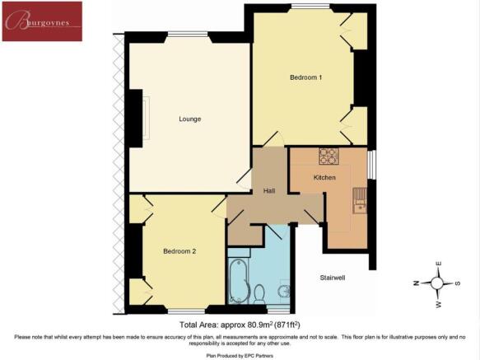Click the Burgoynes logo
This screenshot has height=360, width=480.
42,21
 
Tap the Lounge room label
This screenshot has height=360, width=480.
190,119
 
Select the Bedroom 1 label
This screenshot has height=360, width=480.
305,77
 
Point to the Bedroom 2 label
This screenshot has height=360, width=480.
179,251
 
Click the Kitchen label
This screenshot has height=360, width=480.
324,177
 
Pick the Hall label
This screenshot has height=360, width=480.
269,190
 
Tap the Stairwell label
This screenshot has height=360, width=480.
333,278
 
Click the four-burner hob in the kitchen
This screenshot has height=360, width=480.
328,156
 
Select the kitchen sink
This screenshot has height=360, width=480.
360,200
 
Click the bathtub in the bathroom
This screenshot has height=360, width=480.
239,281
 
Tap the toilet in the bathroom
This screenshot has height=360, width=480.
259,294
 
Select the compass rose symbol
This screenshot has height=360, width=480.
437,283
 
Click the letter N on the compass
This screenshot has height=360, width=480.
416,283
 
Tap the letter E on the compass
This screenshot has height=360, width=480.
438,264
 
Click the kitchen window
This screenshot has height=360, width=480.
371,164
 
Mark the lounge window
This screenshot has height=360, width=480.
189,34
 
